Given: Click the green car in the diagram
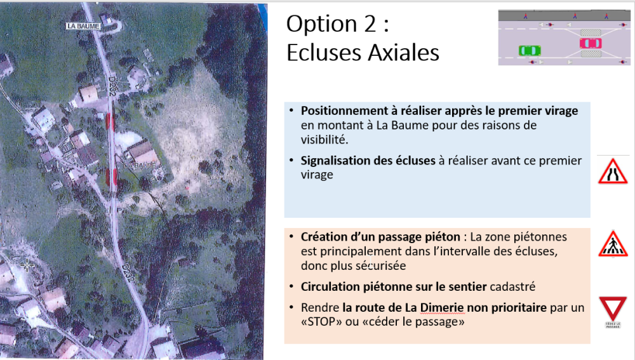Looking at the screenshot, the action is pos(530,51).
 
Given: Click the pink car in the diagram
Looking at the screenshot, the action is pos(591,43).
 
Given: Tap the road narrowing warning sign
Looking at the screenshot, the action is pos(613,171).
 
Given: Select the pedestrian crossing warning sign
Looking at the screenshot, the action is pos(613,244).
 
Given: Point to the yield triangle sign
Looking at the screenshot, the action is pos(613,309).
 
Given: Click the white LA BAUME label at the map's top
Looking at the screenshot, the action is pos(83,26).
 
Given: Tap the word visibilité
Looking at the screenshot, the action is pos(324,139).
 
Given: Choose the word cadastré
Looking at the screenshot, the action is pos(512,287).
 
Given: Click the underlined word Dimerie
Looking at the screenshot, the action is pos(441,308).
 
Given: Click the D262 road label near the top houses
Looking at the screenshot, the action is pos(112,86).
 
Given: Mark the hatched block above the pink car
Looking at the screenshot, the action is pos(591,33).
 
